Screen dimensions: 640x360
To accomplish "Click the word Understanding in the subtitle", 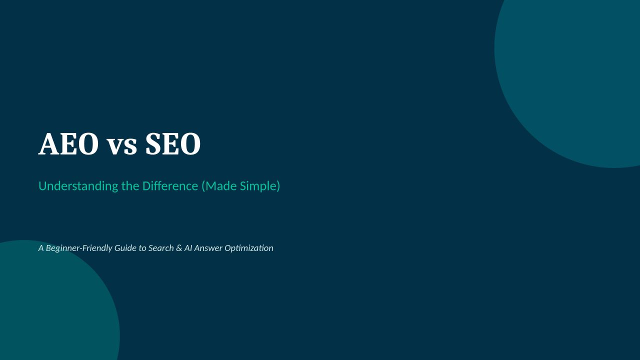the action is (78, 186).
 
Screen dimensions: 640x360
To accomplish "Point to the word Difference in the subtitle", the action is (170, 186).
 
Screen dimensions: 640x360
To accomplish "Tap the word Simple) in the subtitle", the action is (260, 186).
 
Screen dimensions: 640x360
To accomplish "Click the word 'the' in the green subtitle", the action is (130, 186).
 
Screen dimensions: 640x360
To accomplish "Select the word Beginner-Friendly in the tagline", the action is (79, 248).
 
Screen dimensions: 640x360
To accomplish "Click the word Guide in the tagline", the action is (125, 248).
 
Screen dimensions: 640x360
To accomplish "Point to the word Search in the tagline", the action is (161, 248).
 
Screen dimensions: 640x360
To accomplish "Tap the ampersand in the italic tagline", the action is (179, 248).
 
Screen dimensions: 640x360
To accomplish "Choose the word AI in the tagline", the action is (188, 248).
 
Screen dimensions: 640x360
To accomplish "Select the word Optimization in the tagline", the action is (249, 248).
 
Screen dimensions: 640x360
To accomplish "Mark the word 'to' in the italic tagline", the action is (142, 248).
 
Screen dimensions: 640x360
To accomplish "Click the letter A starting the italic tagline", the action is (41, 248).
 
